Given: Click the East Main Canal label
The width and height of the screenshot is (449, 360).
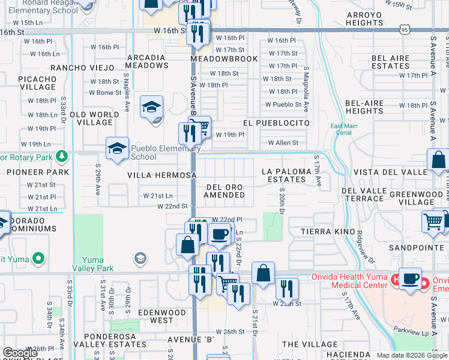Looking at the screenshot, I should coord(344,129).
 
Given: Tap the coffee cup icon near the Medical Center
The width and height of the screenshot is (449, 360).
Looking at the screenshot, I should coord(410,279).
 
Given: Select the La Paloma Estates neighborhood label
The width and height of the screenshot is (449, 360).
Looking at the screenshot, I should coord(287,175).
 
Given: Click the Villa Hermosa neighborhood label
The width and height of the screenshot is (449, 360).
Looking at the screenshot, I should coord(161,175).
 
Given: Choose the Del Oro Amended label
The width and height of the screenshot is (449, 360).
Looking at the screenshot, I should coord(223,191).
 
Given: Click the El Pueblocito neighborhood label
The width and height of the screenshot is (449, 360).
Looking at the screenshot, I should coord(276,122).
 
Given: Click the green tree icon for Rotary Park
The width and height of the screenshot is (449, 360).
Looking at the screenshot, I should coord(61,157).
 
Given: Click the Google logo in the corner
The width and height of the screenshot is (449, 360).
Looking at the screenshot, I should coord(20,353).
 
